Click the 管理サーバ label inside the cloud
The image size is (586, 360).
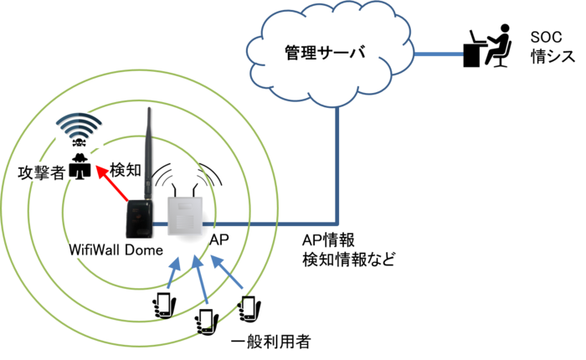(x=322, y=52)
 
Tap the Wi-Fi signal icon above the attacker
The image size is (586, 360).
(x=80, y=130)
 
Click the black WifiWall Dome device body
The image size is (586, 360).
(x=137, y=218)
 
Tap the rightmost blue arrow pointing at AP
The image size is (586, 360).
(x=228, y=272)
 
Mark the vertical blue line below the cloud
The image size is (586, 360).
(x=338, y=167)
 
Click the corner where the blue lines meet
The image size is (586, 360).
(x=338, y=224)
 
